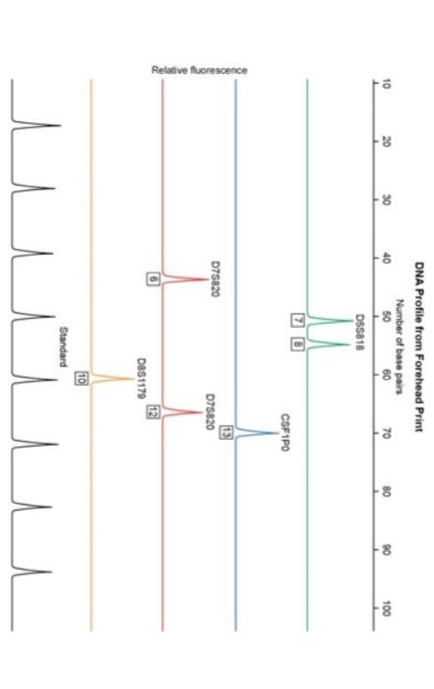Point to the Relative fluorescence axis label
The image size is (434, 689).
point(199,70)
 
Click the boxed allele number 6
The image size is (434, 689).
point(153,280)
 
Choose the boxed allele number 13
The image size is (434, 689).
point(225,405)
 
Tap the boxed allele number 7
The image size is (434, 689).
point(296,320)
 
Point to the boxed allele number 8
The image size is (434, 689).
point(296,344)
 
